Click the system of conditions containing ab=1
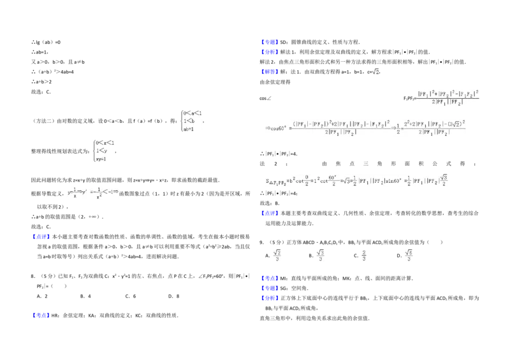(191, 120)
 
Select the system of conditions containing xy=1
(105, 151)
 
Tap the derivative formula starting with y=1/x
(94, 193)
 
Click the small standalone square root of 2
(376, 72)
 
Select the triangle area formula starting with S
(356, 181)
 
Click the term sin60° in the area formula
(401, 182)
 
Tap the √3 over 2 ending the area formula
(444, 181)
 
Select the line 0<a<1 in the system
(192, 113)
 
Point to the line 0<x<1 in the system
(104, 143)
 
